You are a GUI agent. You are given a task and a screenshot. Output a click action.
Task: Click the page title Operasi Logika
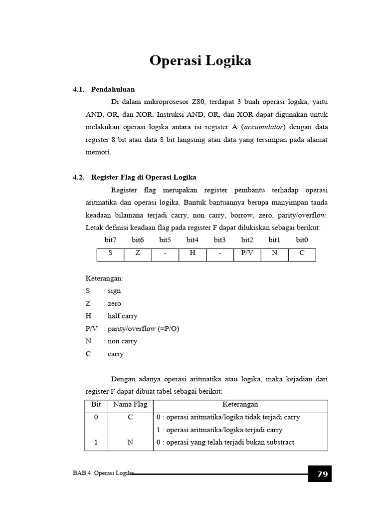tap(200, 61)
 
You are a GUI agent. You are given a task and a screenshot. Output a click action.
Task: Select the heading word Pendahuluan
tap(113, 89)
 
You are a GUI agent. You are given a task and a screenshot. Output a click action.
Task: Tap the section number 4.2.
tap(79, 177)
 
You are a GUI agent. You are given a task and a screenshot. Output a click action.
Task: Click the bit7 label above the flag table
tap(110, 240)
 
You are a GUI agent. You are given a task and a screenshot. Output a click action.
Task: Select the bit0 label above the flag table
tap(302, 240)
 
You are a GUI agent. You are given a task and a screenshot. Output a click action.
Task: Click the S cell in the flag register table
tap(110, 253)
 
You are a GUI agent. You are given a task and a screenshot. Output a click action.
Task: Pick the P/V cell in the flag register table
tap(247, 253)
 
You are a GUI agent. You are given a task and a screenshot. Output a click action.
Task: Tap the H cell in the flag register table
tap(192, 253)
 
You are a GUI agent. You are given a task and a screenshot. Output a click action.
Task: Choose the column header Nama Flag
tap(130, 404)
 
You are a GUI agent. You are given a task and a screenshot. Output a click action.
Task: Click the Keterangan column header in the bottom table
tap(240, 404)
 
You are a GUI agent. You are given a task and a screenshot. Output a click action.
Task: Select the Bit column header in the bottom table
tap(96, 404)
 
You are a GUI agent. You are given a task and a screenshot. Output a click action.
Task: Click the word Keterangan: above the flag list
tap(104, 278)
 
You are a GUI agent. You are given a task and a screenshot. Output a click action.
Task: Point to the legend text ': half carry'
tap(121, 316)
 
